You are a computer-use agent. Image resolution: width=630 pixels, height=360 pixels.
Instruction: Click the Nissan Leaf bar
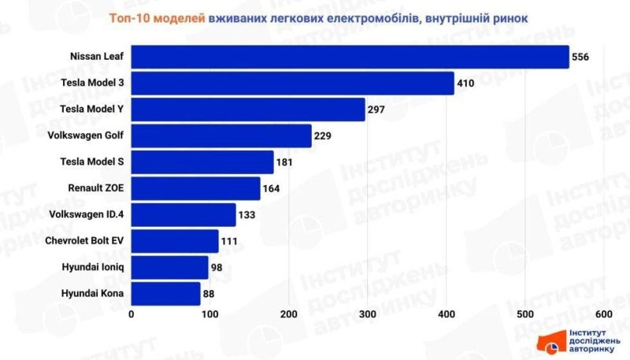click(350, 57)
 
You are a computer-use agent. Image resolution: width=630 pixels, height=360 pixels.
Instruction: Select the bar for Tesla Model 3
click(292, 83)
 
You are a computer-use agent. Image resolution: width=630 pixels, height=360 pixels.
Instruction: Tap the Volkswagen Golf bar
click(221, 135)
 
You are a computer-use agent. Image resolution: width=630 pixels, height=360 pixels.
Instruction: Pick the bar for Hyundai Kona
click(165, 294)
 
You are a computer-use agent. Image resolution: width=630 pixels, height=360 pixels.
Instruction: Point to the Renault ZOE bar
click(195, 188)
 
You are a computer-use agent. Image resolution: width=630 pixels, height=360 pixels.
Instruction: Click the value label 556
click(581, 57)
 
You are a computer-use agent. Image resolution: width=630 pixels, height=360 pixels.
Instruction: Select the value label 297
click(376, 109)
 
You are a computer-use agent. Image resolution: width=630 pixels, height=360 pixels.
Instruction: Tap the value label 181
click(284, 162)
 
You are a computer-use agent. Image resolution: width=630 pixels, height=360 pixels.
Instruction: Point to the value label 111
click(229, 241)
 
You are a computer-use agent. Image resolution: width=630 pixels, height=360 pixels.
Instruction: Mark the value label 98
click(217, 268)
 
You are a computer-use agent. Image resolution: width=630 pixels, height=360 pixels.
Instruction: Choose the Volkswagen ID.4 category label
click(87, 214)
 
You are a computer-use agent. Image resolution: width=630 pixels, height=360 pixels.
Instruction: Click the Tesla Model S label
click(92, 162)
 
